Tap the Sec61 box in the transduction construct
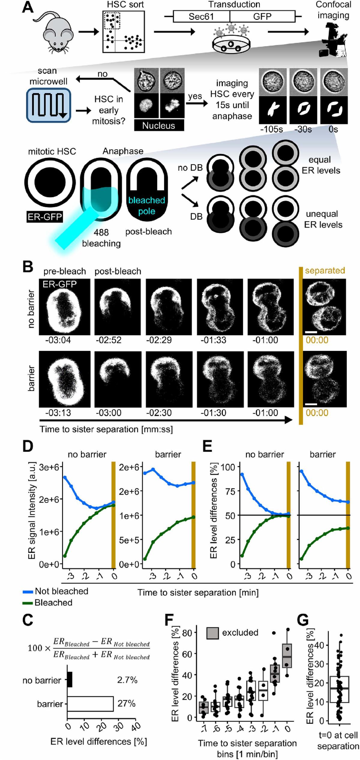201,17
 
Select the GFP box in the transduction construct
262,17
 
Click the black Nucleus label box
159,125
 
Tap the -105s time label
271,129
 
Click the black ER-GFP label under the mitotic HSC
45,217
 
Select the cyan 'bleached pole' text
147,206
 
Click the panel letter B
28,267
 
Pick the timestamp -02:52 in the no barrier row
109,340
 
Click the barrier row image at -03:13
64,379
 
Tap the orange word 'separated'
325,270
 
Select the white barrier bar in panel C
90,704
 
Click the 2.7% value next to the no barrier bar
127,680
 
